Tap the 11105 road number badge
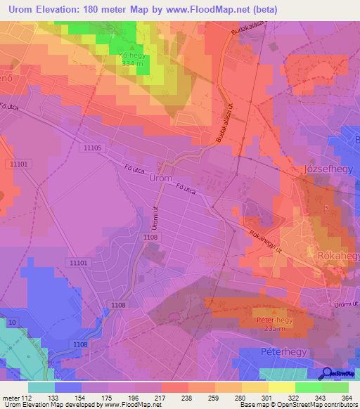pos(92,148)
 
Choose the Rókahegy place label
pos(338,256)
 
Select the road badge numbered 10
pos(12,322)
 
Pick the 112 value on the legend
pos(27,397)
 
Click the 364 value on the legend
pos(347,397)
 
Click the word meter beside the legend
pos(11,397)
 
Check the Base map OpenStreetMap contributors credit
pos(298,405)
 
